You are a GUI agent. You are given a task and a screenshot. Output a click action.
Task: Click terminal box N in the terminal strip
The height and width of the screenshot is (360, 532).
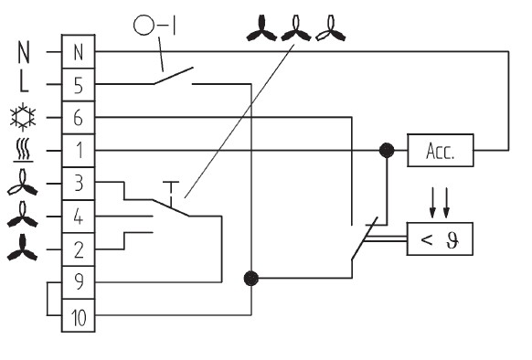tap(78, 51)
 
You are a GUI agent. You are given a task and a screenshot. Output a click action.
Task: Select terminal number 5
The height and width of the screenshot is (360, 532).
tap(78, 84)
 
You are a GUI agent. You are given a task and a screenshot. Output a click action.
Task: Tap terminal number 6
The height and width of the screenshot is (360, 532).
tap(78, 117)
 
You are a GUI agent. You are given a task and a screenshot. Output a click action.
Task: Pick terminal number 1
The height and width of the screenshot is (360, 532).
tap(78, 151)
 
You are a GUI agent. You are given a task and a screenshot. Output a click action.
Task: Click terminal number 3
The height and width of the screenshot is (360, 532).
tap(78, 184)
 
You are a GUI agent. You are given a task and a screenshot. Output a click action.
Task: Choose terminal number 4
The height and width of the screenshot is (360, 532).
tap(78, 217)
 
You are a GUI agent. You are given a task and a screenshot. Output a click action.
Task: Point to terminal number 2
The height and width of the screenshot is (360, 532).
tap(78, 249)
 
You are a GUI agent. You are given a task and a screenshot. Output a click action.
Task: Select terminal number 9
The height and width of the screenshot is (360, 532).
tap(78, 282)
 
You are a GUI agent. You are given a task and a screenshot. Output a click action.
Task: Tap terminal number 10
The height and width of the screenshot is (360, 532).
tap(78, 315)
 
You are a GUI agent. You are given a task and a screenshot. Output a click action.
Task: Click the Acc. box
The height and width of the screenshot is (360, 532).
tap(441, 151)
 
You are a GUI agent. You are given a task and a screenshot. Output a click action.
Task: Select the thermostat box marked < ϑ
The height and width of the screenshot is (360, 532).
tap(440, 238)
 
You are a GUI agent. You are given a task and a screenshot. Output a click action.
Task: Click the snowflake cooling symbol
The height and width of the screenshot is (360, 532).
tap(23, 117)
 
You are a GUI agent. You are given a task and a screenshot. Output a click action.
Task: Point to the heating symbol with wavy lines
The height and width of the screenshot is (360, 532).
tap(23, 150)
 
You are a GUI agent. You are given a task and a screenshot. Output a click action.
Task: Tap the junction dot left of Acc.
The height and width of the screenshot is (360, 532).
tap(387, 150)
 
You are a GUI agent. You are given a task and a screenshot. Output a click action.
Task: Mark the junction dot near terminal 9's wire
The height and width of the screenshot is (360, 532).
tap(251, 279)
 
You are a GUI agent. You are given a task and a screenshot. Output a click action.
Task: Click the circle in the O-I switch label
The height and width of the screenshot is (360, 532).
tap(144, 25)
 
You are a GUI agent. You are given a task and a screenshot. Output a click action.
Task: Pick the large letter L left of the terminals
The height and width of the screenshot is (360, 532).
tap(24, 83)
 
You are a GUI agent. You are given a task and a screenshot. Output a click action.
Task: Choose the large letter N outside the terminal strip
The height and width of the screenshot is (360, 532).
tap(24, 52)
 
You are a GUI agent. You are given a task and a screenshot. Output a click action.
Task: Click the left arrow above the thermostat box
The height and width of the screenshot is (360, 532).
tap(432, 203)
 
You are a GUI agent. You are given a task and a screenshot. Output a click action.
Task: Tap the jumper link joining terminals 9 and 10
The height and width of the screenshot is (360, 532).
tap(48, 299)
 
